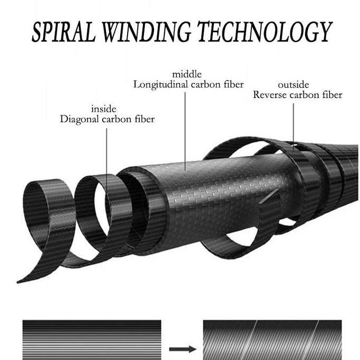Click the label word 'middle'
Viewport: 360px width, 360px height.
point(187,74)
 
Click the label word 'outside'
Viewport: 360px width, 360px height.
point(293,85)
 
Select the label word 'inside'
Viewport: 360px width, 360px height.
point(104,109)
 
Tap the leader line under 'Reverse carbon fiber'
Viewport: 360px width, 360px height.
point(293,127)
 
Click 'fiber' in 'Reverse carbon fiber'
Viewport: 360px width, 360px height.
point(331,95)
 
